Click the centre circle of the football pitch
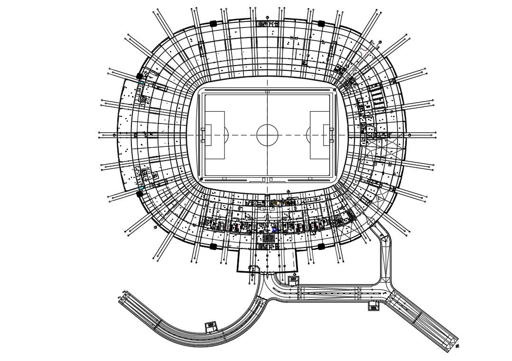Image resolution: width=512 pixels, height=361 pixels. tap(267, 135)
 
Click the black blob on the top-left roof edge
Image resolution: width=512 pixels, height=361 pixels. tap(213, 23)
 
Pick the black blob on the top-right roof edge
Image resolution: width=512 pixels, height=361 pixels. tap(321, 23)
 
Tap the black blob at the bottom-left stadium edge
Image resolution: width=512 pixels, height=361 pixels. tap(213, 246)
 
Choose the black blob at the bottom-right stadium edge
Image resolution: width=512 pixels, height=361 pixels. tap(321, 246)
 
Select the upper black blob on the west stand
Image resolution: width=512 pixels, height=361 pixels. tap(140, 76)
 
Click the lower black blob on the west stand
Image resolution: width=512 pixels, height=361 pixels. tap(140, 193)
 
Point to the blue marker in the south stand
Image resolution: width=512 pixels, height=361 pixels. tap(274, 230)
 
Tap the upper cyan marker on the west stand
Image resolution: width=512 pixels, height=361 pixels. tap(141, 84)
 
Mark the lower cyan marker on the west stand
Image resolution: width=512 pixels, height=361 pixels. tap(141, 188)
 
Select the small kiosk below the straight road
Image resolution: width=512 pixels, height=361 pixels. tap(374, 306)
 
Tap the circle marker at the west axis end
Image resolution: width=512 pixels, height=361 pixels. tap(114, 135)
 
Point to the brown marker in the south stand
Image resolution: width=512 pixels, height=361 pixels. tap(276, 203)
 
